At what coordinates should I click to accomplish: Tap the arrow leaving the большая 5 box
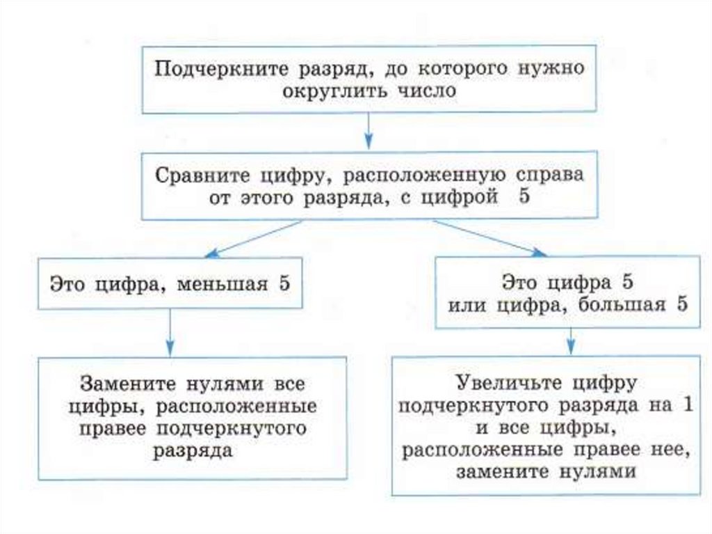570,340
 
